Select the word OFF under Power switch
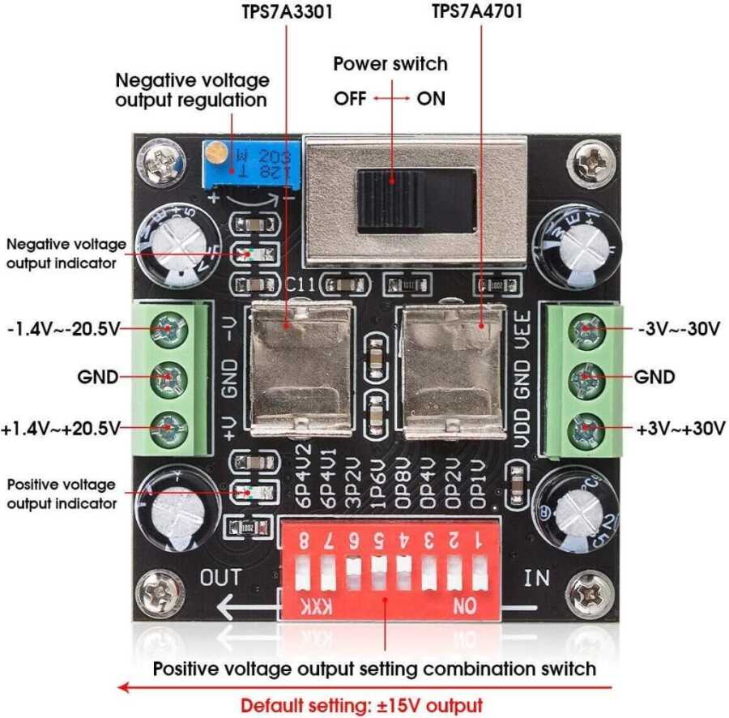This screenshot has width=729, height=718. tap(350, 99)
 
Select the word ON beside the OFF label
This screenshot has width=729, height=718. tap(430, 99)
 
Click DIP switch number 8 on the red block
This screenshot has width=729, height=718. tap(304, 575)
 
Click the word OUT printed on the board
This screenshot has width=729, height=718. tap(221, 578)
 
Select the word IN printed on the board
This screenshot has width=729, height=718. tap(536, 579)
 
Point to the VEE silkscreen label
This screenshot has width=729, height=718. tap(524, 331)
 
